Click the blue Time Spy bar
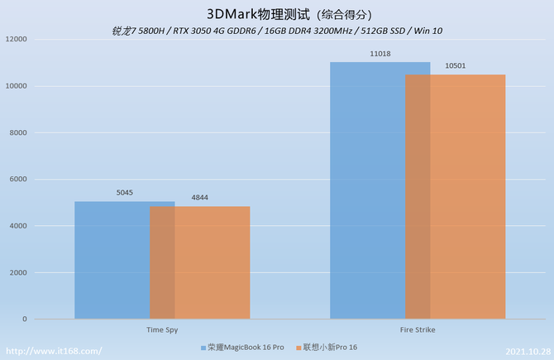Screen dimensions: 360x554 pos(112,260)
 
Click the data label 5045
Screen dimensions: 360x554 pos(125,193)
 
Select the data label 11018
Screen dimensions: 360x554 pos(380,53)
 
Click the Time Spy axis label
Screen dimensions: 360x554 pos(162,329)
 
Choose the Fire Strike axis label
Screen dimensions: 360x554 pos(418,329)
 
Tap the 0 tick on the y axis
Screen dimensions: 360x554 pos(25,319)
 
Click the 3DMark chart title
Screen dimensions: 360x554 pos(277,14)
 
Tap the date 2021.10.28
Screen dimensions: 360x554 pos(527,351)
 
